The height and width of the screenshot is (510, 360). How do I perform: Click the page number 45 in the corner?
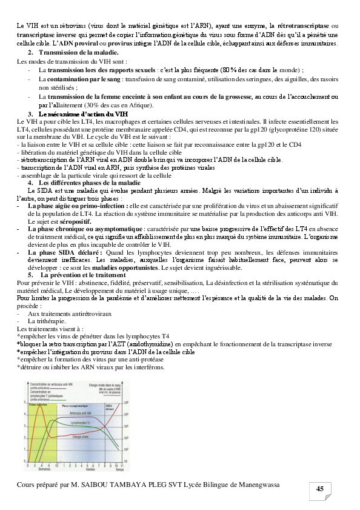tap(319, 489)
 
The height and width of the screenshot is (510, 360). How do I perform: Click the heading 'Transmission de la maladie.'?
tap(78, 54)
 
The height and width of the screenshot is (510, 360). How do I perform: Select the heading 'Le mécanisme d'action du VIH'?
tap(83, 114)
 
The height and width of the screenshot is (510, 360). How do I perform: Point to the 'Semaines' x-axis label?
tap(44, 469)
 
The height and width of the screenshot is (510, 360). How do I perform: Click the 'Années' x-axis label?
tap(90, 469)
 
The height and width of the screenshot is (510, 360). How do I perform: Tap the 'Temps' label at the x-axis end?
tap(119, 469)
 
